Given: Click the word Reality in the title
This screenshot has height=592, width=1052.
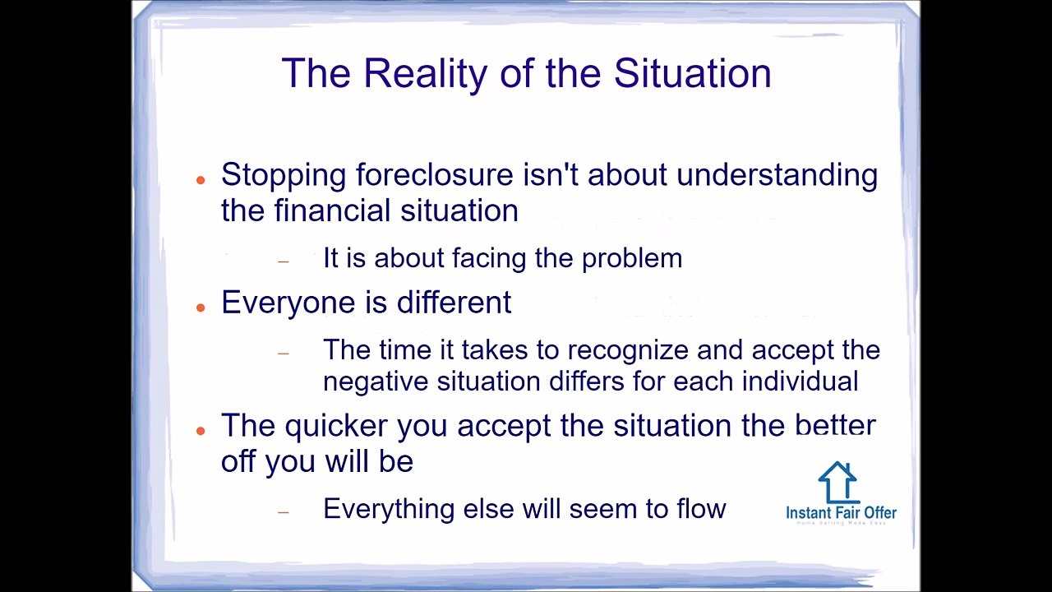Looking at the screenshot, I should [425, 74].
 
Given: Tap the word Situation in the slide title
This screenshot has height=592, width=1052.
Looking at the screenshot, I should [692, 74].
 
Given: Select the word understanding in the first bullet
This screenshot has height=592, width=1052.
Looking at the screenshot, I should [777, 175].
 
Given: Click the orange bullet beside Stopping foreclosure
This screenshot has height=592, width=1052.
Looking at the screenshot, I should [201, 178].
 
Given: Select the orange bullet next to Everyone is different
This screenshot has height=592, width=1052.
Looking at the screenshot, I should [201, 307].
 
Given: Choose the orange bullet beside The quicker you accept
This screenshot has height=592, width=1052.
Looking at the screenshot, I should [201, 430].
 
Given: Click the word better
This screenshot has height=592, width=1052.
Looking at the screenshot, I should [835, 426].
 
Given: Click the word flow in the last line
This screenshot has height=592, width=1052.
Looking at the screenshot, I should [701, 509].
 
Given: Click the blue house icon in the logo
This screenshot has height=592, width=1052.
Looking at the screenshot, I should [837, 482].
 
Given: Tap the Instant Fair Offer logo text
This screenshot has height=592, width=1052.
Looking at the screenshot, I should [841, 513].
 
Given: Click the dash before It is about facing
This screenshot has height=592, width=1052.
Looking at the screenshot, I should [284, 261].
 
